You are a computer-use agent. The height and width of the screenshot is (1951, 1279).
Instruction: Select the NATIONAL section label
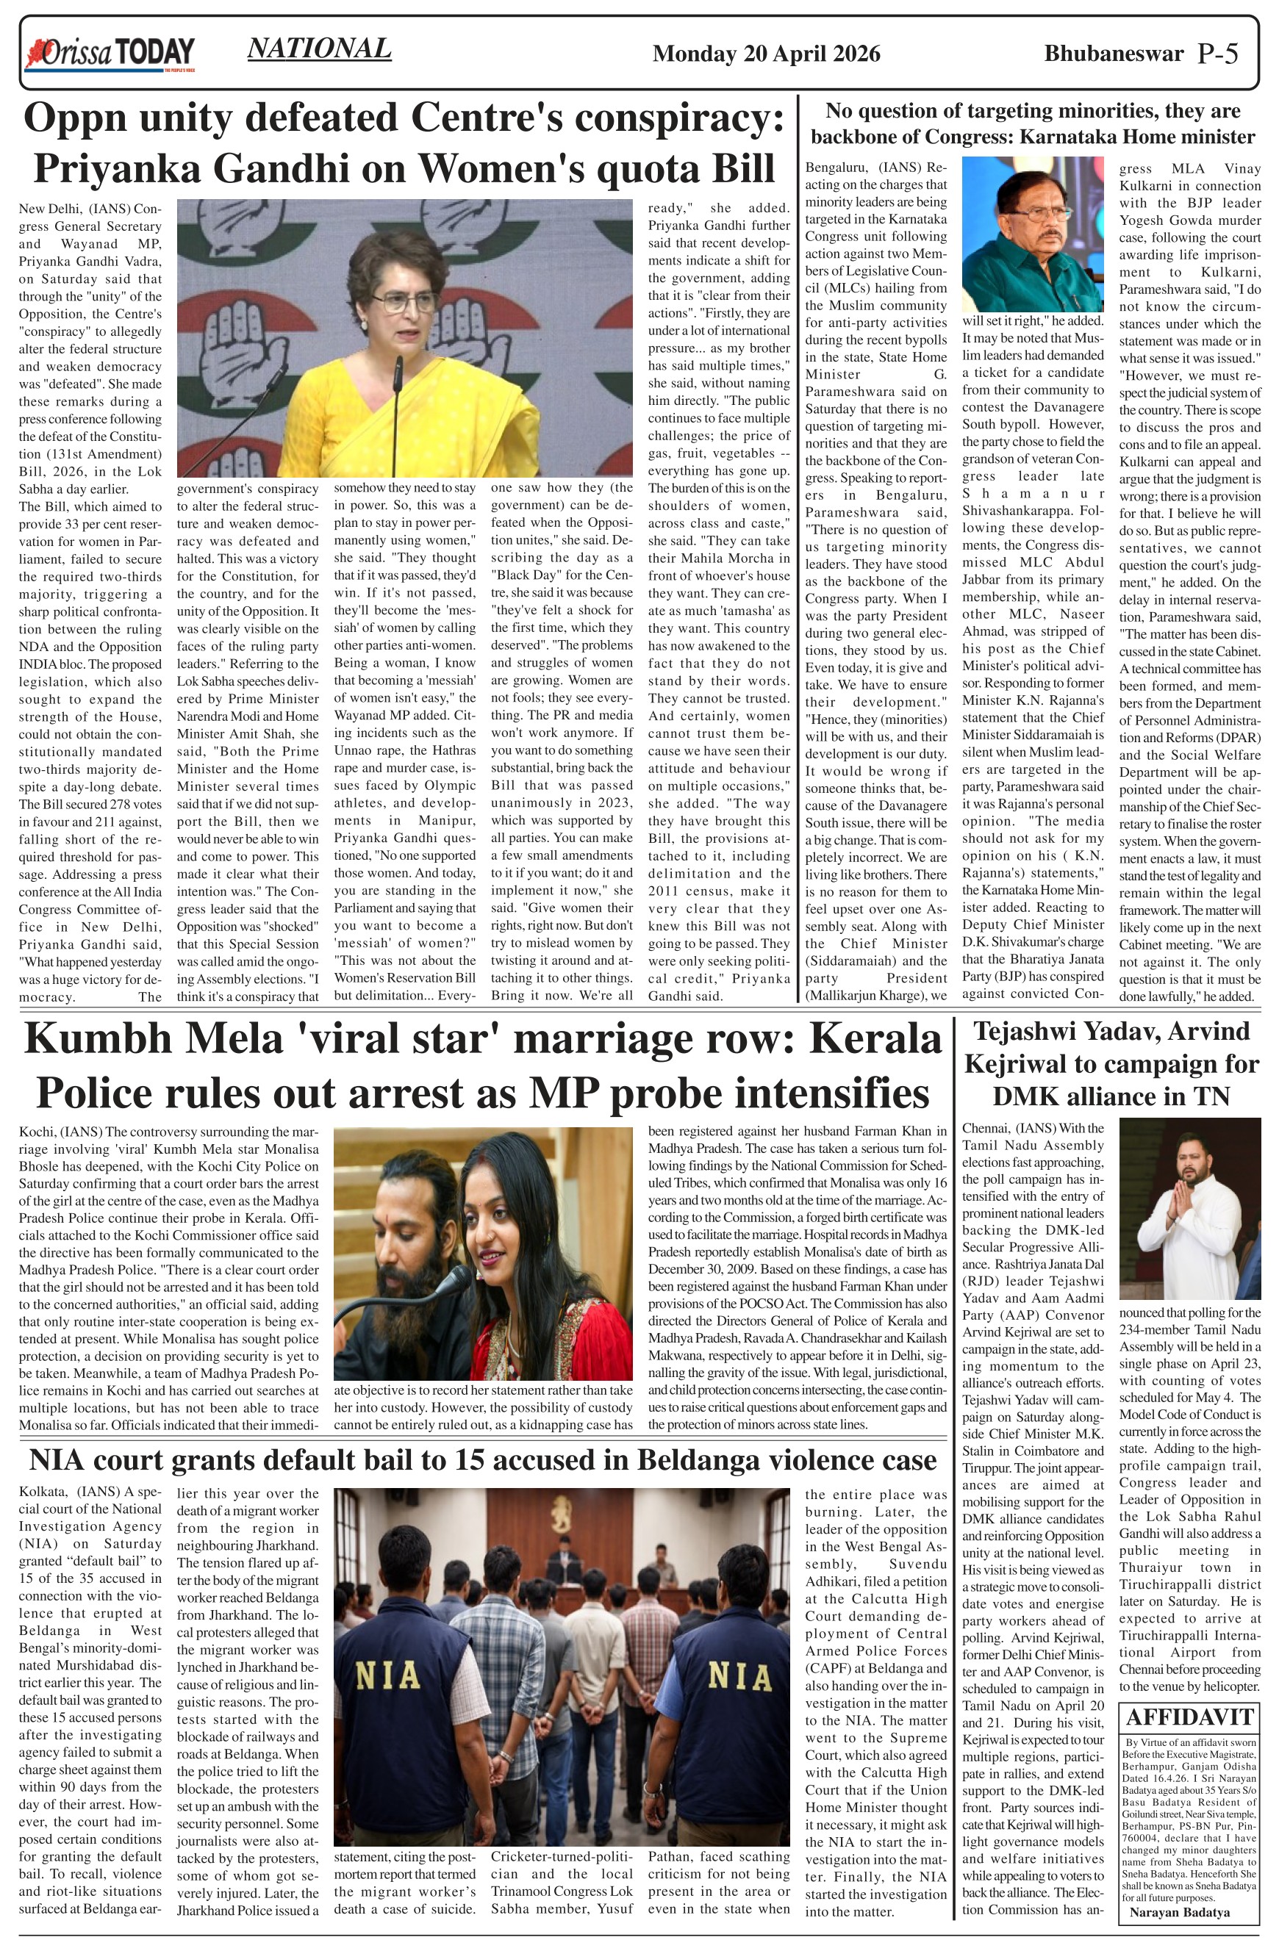pos(319,49)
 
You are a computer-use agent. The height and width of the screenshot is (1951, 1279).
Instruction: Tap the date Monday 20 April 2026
pos(766,54)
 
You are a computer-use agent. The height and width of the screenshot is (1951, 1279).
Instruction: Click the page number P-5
pos(1217,54)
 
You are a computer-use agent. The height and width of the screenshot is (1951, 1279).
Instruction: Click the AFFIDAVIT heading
pos(1189,1717)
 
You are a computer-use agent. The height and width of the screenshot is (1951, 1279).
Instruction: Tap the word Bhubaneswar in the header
pos(1113,54)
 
